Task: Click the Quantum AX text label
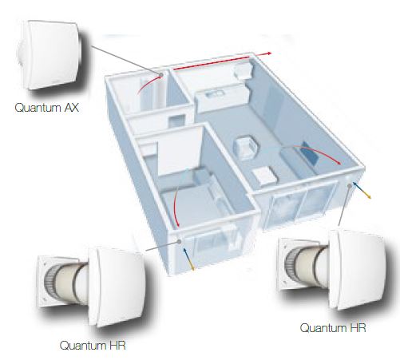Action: pyautogui.click(x=47, y=108)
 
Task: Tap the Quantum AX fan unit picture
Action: pyautogui.click(x=50, y=54)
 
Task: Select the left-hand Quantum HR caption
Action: pyautogui.click(x=93, y=346)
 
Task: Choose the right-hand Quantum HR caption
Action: pyautogui.click(x=333, y=327)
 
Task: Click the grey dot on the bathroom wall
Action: pyautogui.click(x=161, y=75)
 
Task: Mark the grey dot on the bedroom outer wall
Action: pyautogui.click(x=180, y=241)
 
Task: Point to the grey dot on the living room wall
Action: pyautogui.click(x=350, y=185)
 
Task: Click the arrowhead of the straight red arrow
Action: pyautogui.click(x=269, y=53)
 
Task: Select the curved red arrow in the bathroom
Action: pyautogui.click(x=149, y=84)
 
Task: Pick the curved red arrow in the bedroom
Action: pyautogui.click(x=175, y=206)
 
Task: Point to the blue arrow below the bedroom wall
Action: pyautogui.click(x=188, y=256)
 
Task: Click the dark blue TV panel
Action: pyautogui.click(x=309, y=154)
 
